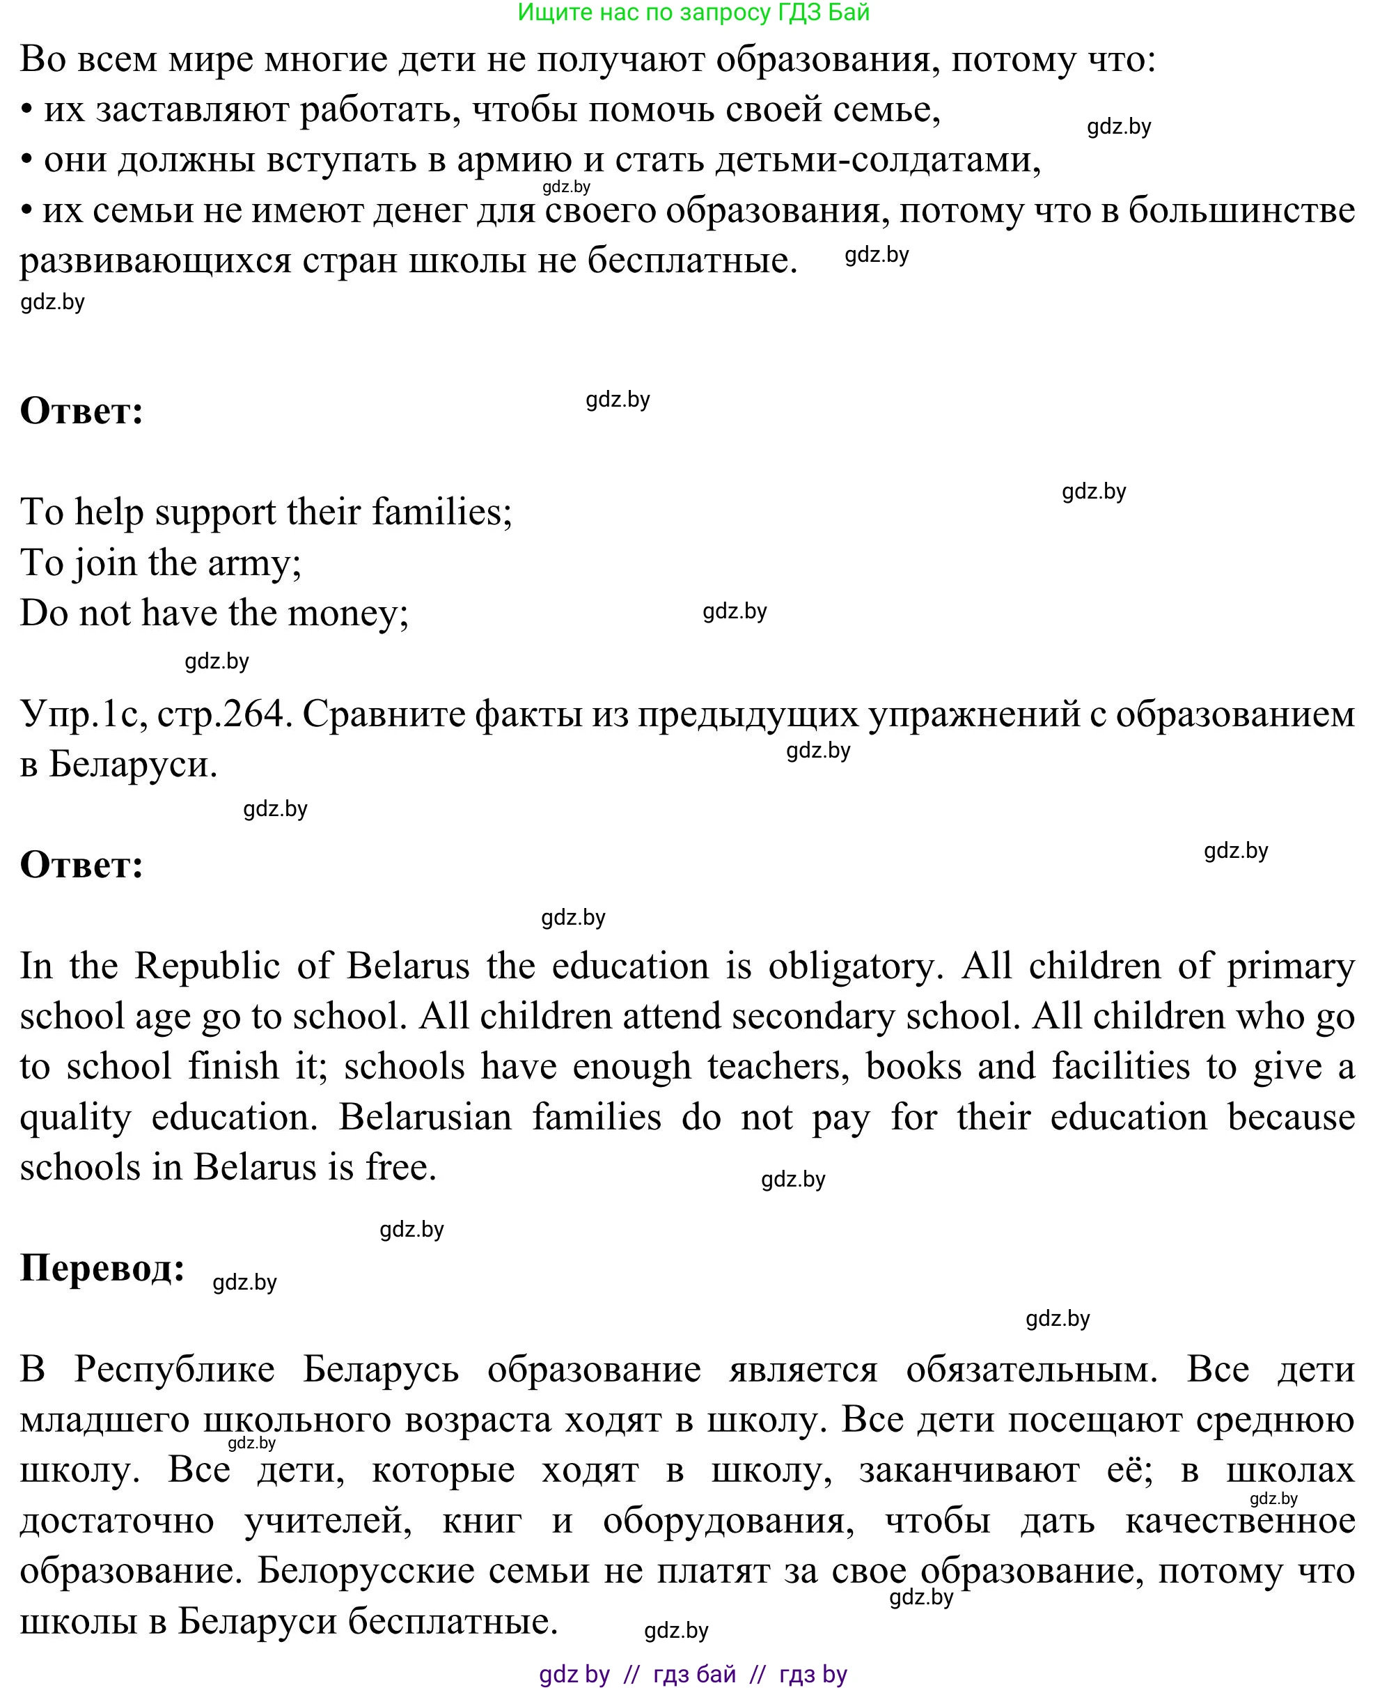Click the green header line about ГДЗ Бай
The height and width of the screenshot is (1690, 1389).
click(693, 13)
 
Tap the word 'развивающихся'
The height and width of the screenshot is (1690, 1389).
click(155, 261)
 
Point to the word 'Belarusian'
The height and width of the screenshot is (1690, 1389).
click(425, 1117)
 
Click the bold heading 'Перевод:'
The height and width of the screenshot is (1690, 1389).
click(102, 1267)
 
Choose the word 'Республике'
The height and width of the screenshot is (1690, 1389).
click(175, 1369)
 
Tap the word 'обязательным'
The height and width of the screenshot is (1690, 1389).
click(1031, 1369)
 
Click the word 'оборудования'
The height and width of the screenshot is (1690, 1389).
click(728, 1520)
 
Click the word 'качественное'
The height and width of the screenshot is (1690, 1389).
click(1239, 1520)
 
